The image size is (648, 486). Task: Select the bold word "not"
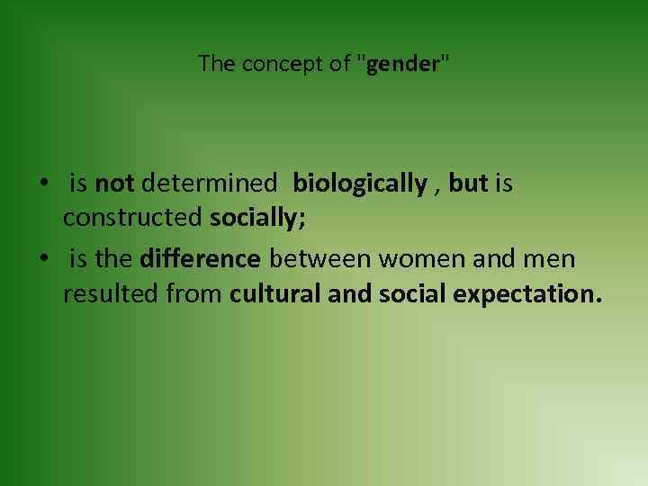click(114, 184)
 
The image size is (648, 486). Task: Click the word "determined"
click(209, 184)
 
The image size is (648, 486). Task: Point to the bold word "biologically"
click(360, 184)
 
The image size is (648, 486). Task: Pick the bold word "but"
click(468, 184)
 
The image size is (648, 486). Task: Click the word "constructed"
click(133, 219)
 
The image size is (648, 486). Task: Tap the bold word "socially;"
click(258, 219)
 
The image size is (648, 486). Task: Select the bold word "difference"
click(201, 260)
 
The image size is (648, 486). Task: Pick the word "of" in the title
click(337, 64)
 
